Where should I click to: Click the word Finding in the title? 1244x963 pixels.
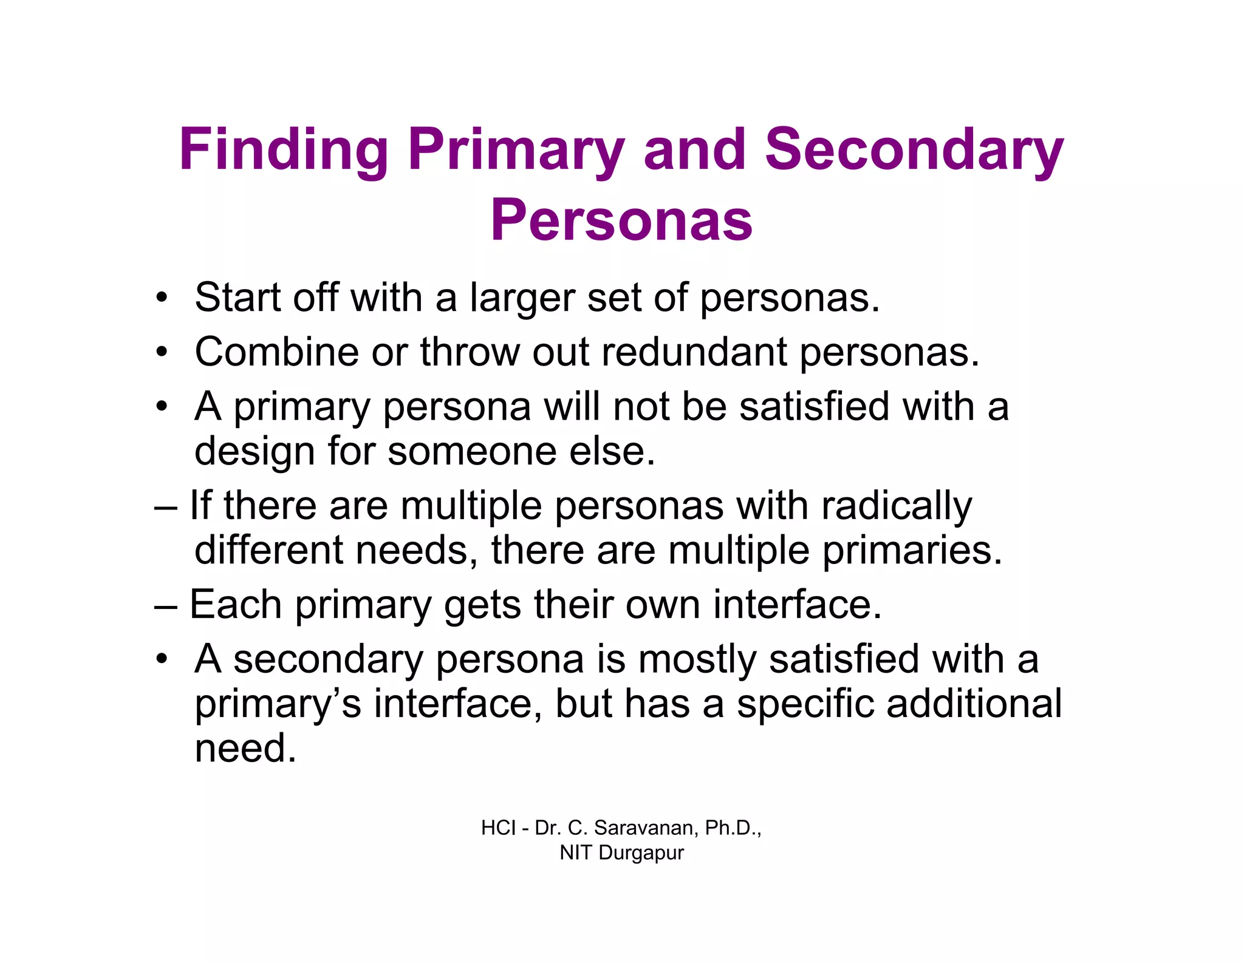(x=284, y=149)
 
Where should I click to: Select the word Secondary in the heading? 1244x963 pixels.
(x=914, y=149)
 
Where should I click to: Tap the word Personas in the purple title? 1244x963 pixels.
(x=621, y=220)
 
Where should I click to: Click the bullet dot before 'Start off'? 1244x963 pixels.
(x=161, y=298)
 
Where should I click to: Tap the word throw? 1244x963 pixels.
(x=470, y=352)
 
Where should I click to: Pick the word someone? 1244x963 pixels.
(x=472, y=451)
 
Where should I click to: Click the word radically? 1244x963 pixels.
(x=897, y=506)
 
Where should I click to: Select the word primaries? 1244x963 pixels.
(x=912, y=550)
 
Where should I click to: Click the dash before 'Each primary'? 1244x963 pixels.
(x=166, y=605)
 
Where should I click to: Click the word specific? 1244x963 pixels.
(x=805, y=704)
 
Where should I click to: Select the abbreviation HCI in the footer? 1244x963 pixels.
(x=498, y=828)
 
